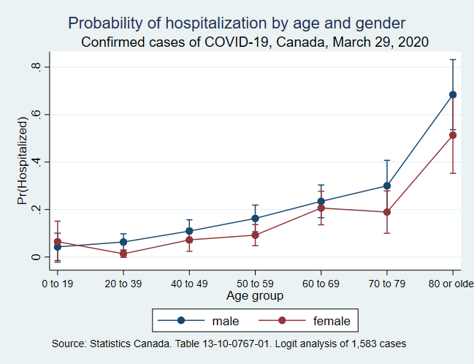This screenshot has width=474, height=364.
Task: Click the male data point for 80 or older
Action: pos(453,94)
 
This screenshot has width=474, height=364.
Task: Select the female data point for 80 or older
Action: pos(453,134)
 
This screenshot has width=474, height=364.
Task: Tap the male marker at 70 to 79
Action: pos(387,186)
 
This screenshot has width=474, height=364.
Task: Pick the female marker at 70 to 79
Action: pos(387,212)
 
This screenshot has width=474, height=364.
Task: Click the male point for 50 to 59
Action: pos(255,218)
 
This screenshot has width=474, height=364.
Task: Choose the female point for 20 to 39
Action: pos(123,254)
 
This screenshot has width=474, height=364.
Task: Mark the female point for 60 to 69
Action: pos(321,208)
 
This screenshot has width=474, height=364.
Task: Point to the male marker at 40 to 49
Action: pos(189,231)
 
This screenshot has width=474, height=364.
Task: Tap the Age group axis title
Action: pos(255,296)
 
